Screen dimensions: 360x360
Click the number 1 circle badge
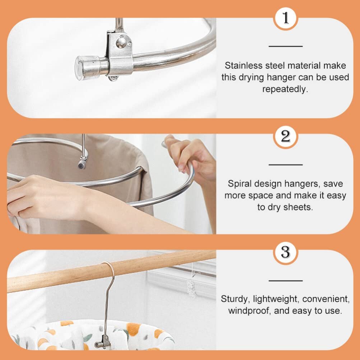point(285,18)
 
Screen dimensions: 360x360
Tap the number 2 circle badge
point(285,137)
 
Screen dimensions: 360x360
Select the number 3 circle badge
point(285,252)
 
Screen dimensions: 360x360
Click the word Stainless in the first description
point(240,66)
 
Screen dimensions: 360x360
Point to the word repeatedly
point(285,89)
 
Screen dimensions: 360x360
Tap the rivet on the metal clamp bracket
point(121,43)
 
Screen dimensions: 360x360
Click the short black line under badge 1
point(285,46)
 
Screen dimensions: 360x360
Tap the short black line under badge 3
point(285,280)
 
